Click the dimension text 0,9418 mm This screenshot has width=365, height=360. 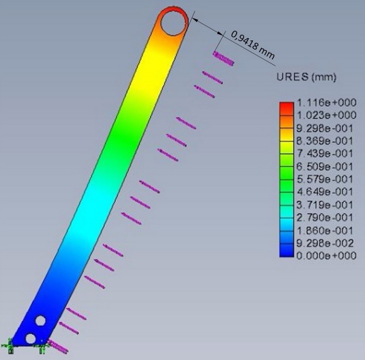tap(252, 47)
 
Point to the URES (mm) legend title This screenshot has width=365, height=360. tap(306, 77)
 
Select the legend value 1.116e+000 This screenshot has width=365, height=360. tap(326, 104)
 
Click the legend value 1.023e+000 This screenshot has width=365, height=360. tap(326, 115)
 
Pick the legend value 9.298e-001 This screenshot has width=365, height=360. tap(326, 127)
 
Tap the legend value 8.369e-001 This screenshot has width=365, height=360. tap(326, 140)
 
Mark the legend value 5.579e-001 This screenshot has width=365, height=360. tap(326, 178)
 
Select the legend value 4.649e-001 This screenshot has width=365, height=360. tap(326, 191)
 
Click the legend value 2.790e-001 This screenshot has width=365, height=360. tap(326, 217)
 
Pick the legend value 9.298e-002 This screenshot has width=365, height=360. tap(326, 242)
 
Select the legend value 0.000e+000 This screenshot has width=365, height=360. tap(326, 255)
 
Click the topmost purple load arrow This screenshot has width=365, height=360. tap(223, 58)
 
